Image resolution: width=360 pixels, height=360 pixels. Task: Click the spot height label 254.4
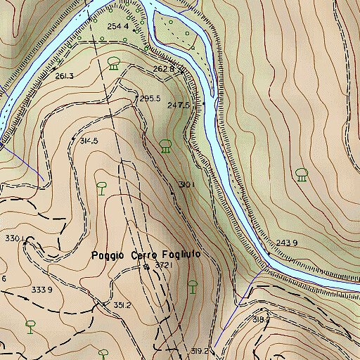coord(118,27)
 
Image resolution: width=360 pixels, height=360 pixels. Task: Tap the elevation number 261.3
coord(63,75)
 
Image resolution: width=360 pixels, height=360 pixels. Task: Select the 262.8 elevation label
coord(162,70)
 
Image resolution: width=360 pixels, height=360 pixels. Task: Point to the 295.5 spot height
coord(150,98)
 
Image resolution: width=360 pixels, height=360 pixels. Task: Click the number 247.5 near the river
coord(179,105)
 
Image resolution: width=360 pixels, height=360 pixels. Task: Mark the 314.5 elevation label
coord(89,141)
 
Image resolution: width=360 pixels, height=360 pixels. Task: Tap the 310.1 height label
coord(186,184)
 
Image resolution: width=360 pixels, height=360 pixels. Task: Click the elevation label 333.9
coord(41,289)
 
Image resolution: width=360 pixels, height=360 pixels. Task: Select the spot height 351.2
coord(122,305)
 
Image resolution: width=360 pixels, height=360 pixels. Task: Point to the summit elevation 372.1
coord(162,266)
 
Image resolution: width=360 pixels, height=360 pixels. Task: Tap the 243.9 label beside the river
coord(287,243)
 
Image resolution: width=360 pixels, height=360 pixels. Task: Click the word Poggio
coord(109,255)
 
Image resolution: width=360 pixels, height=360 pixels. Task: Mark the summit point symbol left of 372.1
coord(146,266)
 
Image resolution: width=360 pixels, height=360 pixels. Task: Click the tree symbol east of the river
coord(302,174)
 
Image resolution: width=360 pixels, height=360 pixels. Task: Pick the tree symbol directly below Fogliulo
coord(193,286)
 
